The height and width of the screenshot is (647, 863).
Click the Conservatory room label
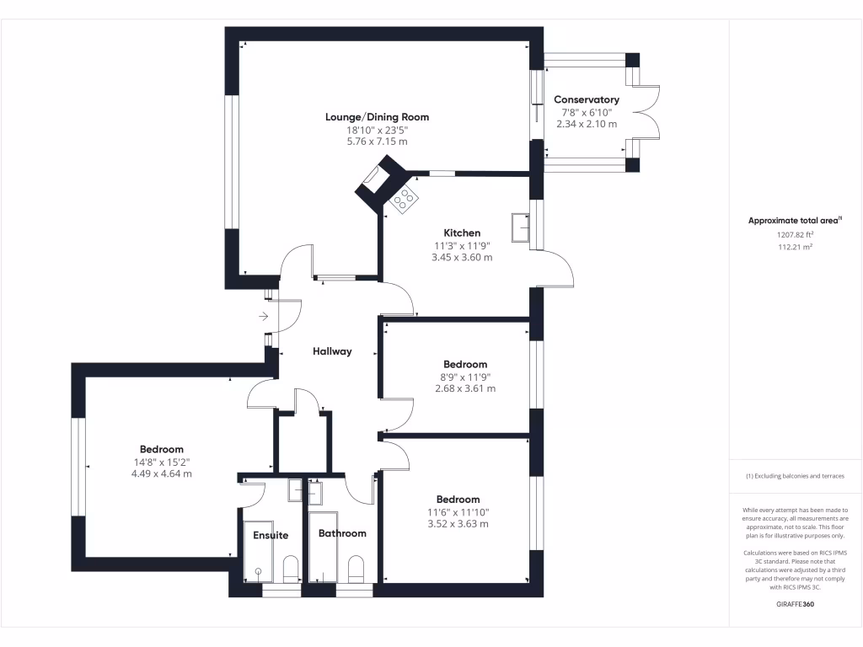pyautogui.click(x=587, y=99)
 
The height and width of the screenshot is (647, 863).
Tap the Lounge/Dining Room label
pyautogui.click(x=377, y=117)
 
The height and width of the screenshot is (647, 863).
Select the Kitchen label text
pyautogui.click(x=462, y=233)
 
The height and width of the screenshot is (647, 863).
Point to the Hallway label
pyautogui.click(x=332, y=351)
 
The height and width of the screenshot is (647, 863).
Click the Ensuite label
pyautogui.click(x=271, y=535)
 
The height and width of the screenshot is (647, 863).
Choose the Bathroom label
pyautogui.click(x=342, y=533)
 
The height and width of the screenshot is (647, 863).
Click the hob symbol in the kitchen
pyautogui.click(x=405, y=199)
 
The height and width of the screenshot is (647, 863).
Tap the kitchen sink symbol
pyautogui.click(x=520, y=227)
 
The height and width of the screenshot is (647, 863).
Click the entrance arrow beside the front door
pyautogui.click(x=264, y=317)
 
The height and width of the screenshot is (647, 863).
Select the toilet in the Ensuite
pyautogui.click(x=290, y=569)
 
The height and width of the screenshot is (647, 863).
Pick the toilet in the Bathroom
pyautogui.click(x=356, y=569)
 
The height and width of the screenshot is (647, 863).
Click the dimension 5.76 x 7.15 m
pyautogui.click(x=377, y=142)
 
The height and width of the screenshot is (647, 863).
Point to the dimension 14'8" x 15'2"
pyautogui.click(x=161, y=463)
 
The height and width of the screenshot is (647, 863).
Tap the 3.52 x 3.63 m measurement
pyautogui.click(x=458, y=524)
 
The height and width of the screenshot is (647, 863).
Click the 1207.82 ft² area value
pyautogui.click(x=796, y=234)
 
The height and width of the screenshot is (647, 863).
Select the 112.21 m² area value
pyautogui.click(x=796, y=247)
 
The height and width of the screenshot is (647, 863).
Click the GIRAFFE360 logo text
pyautogui.click(x=796, y=604)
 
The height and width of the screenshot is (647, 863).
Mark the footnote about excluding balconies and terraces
pyautogui.click(x=796, y=476)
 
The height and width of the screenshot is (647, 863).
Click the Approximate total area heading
pyautogui.click(x=795, y=221)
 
